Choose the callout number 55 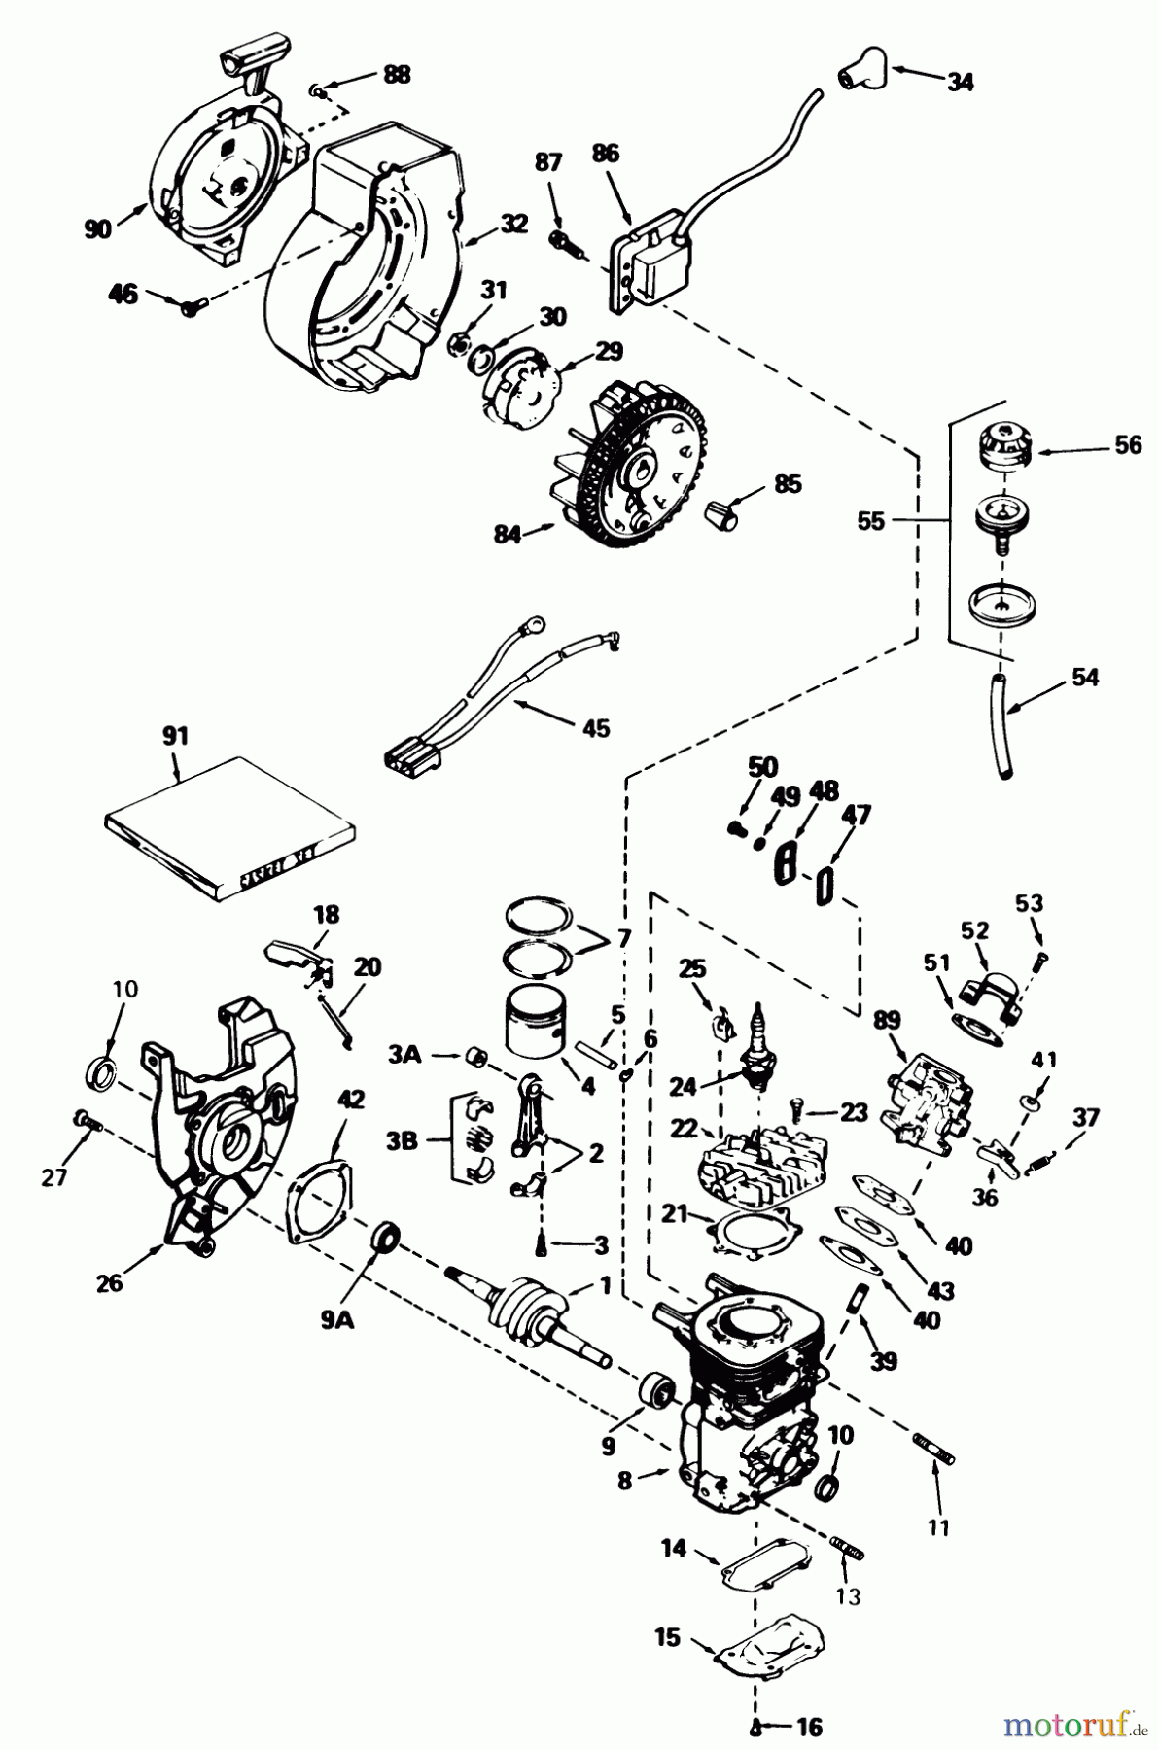point(871,522)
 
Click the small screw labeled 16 point(756,1727)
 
